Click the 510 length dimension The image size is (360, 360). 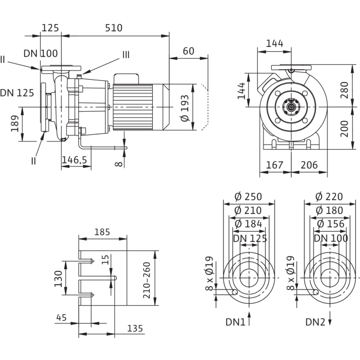[113, 28]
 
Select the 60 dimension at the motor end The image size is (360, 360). [188, 51]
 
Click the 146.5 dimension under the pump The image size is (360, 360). [74, 161]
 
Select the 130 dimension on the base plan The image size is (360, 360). [58, 278]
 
